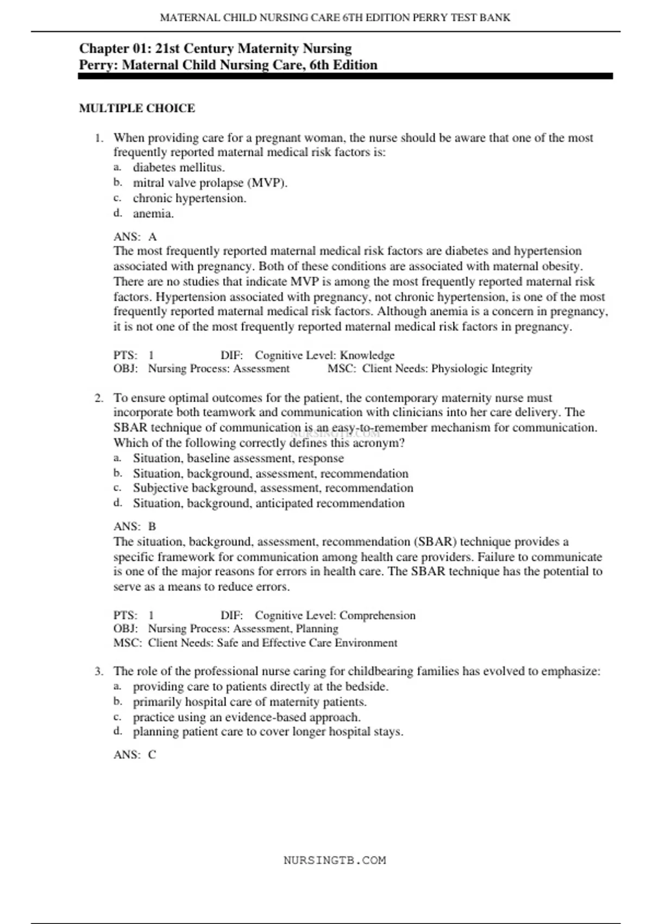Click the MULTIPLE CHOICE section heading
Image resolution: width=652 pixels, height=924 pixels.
(x=137, y=108)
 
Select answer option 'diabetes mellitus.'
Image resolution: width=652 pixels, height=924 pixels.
(x=179, y=167)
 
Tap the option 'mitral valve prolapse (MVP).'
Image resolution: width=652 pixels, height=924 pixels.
(x=210, y=183)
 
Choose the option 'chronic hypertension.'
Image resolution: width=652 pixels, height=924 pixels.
(x=189, y=198)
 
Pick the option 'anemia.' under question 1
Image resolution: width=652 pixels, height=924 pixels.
(x=153, y=214)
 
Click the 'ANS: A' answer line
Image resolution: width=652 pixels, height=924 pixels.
(x=135, y=236)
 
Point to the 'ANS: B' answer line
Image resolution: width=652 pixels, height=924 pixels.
(x=135, y=526)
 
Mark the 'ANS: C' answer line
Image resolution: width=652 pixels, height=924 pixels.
(x=135, y=754)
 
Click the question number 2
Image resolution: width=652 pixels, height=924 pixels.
(x=99, y=398)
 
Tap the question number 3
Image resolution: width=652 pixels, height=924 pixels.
(x=99, y=671)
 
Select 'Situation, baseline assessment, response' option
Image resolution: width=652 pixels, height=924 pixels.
(x=238, y=458)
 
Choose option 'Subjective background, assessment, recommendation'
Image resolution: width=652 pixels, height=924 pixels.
(x=273, y=488)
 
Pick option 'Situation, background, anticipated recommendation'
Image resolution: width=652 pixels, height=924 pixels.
(x=268, y=503)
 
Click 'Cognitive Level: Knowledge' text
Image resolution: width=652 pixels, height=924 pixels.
(x=324, y=355)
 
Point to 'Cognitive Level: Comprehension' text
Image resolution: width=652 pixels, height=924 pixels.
(x=335, y=615)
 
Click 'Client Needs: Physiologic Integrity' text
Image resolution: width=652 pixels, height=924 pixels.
(x=447, y=369)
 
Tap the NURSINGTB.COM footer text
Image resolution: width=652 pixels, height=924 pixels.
(x=335, y=860)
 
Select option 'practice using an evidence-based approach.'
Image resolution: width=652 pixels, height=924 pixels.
(x=247, y=717)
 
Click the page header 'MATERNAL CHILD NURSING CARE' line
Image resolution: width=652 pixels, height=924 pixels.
(x=335, y=17)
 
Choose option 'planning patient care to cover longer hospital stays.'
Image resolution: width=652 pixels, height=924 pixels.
(x=268, y=732)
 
